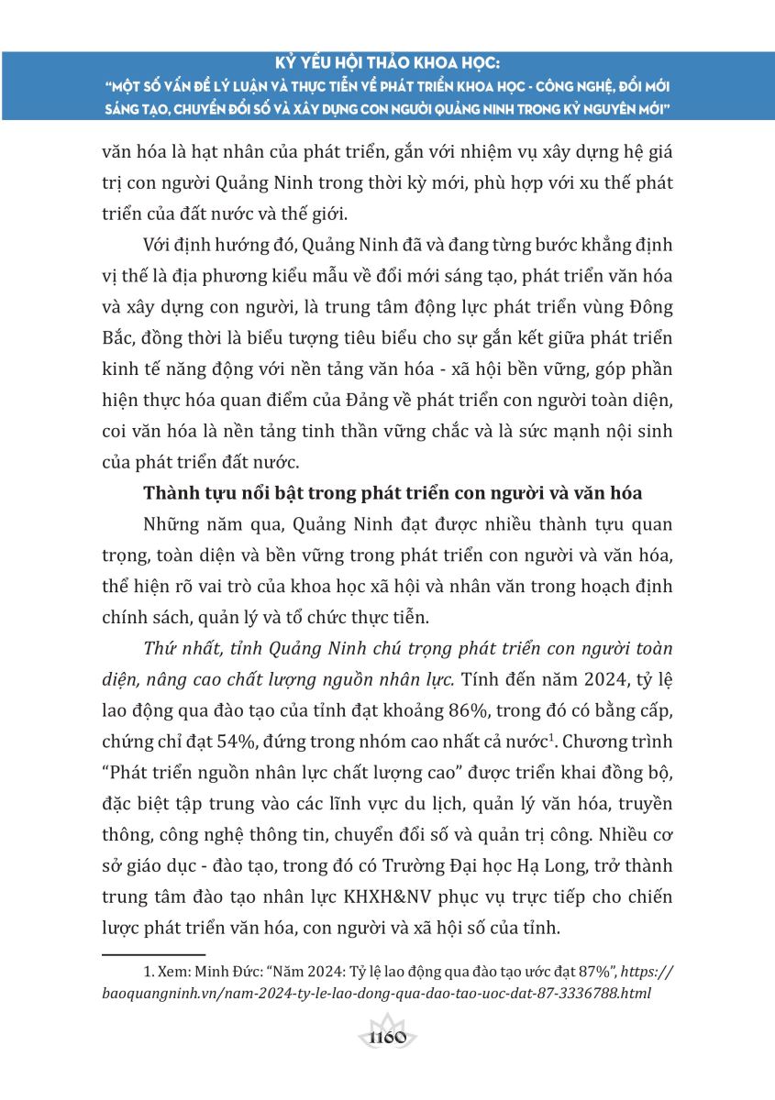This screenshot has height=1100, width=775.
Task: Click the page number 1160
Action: point(387,1038)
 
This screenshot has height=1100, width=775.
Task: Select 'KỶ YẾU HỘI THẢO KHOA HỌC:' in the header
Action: point(388,64)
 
